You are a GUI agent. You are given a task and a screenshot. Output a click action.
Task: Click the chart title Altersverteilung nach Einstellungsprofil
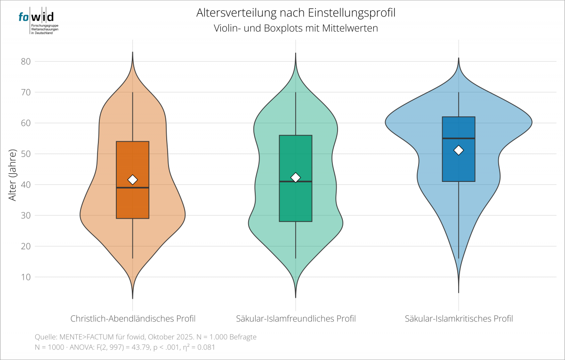click(296, 13)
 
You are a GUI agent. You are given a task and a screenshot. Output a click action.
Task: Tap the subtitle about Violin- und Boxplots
click(296, 28)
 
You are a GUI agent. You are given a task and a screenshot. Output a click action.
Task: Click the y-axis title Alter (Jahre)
click(13, 175)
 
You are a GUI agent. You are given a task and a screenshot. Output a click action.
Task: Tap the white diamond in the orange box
click(133, 180)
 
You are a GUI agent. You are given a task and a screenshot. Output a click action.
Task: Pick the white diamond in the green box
click(296, 177)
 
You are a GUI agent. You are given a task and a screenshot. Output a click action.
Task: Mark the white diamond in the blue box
click(459, 150)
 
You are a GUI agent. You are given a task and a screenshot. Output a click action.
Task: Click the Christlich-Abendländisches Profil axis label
click(133, 319)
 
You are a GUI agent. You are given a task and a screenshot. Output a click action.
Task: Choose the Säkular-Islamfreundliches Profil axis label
click(296, 319)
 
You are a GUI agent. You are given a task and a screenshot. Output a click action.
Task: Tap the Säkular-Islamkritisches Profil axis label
click(459, 319)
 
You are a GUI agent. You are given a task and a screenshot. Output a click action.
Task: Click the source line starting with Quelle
click(145, 337)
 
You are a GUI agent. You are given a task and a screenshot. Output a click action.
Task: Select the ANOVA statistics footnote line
click(125, 347)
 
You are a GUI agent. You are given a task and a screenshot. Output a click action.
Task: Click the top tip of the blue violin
click(459, 58)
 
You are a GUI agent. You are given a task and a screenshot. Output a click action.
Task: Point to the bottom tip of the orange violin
click(133, 298)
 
